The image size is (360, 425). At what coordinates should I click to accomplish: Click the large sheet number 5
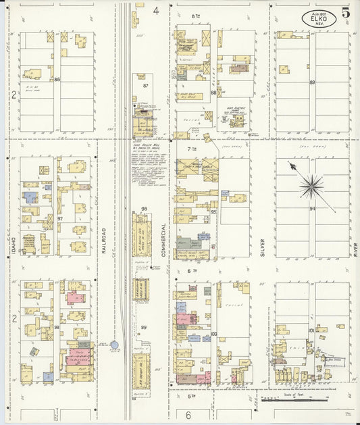click(346, 13)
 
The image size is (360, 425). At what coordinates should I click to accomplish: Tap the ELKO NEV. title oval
click(317, 18)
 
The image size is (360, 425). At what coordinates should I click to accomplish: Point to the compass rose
click(311, 185)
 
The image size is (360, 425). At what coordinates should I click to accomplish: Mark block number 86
click(57, 79)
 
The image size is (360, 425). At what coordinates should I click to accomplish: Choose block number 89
click(312, 82)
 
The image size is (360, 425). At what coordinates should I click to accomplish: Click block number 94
click(312, 209)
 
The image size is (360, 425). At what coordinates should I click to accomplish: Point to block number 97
click(59, 219)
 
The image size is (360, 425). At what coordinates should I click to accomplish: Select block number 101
click(311, 330)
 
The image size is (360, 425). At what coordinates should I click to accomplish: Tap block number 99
click(144, 328)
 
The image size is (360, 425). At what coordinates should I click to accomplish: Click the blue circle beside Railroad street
click(114, 345)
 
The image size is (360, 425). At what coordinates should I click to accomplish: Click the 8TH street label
click(197, 16)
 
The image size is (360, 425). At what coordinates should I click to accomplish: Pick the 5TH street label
click(191, 396)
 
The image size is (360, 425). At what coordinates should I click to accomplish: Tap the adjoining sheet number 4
click(155, 10)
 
